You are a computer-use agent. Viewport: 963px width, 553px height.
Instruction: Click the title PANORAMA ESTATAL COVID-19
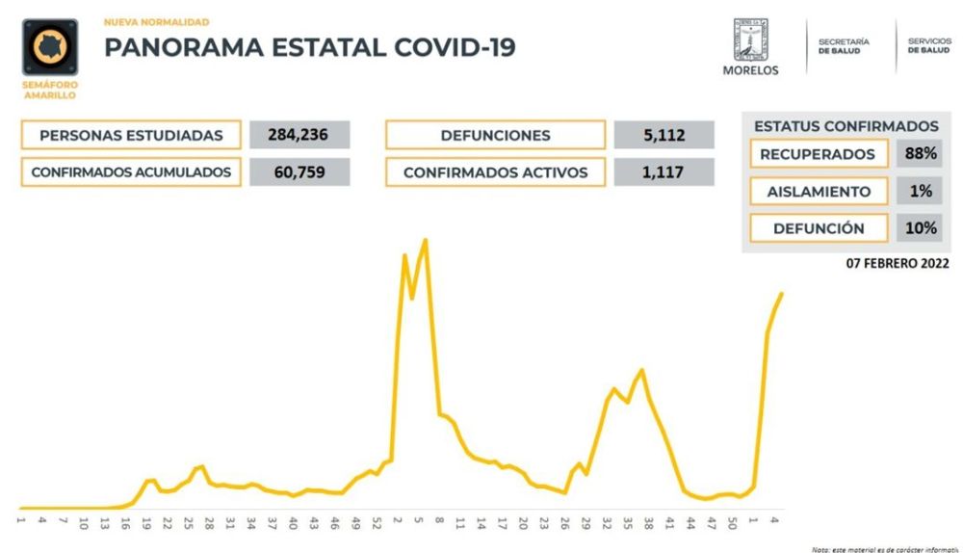[309, 47]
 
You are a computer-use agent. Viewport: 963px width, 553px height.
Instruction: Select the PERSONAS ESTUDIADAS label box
[131, 136]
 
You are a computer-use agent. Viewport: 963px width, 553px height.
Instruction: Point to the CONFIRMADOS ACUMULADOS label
[131, 172]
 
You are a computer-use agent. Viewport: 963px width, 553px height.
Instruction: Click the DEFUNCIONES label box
[495, 136]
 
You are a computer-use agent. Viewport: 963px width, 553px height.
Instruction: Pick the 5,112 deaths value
[664, 136]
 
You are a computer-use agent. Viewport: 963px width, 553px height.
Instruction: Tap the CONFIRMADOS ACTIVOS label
[495, 172]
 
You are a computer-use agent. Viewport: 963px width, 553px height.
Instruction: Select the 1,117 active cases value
[664, 172]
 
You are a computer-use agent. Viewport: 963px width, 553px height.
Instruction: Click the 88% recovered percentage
[921, 154]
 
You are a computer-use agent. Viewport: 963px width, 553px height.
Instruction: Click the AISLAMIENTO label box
[818, 192]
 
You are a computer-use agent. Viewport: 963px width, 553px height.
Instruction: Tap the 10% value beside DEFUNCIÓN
[921, 228]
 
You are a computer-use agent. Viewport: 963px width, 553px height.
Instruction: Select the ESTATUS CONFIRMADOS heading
[846, 126]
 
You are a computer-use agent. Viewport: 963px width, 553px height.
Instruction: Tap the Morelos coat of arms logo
[750, 38]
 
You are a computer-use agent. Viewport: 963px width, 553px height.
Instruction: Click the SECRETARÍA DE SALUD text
[843, 46]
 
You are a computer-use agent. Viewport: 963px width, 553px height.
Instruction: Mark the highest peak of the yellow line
[425, 240]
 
